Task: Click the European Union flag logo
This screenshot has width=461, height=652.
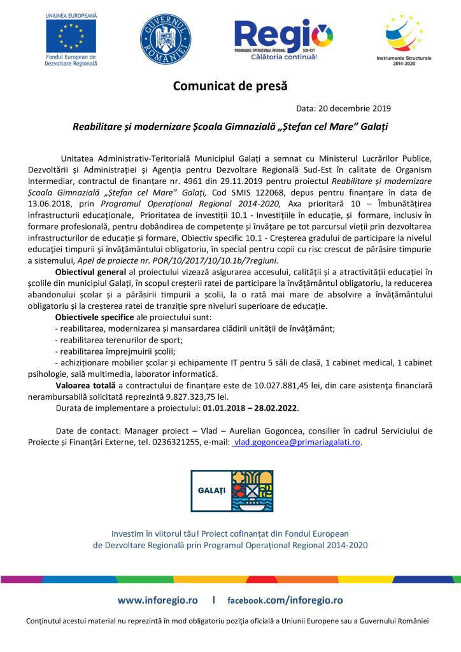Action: point(71,36)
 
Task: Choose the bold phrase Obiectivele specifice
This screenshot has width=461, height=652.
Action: point(94,317)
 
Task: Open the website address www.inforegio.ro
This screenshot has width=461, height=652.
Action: point(157,600)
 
